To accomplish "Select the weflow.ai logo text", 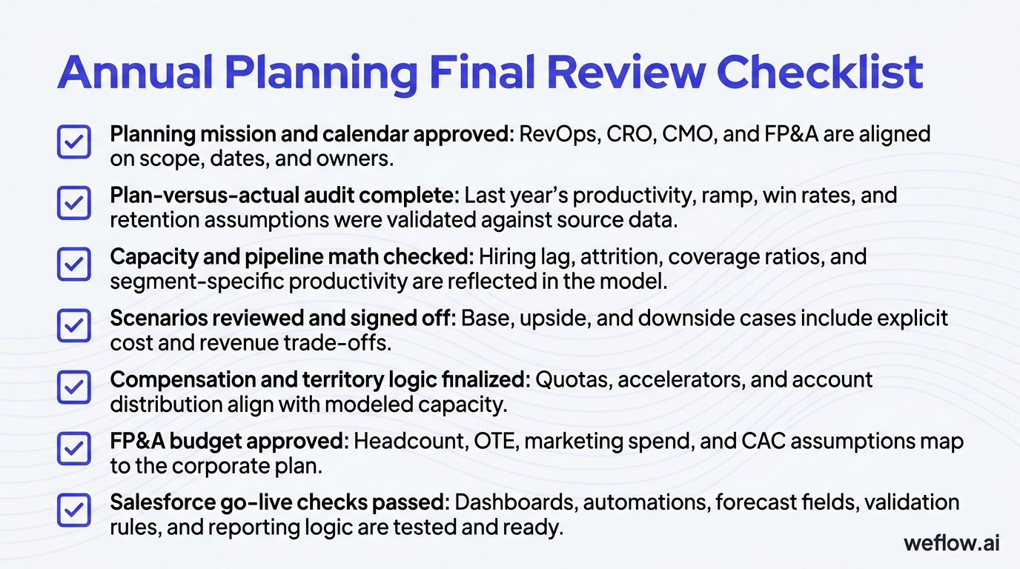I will point(952,543).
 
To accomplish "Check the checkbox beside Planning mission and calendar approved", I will point(74,142).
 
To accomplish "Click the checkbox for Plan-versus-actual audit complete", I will point(74,203).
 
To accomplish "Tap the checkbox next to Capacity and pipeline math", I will point(74,264).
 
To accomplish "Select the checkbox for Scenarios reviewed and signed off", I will point(74,326).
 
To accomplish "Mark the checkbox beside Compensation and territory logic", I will point(74,387).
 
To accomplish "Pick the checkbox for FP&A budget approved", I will point(74,449).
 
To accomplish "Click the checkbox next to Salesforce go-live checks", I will point(74,510).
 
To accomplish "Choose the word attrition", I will point(612,258).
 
